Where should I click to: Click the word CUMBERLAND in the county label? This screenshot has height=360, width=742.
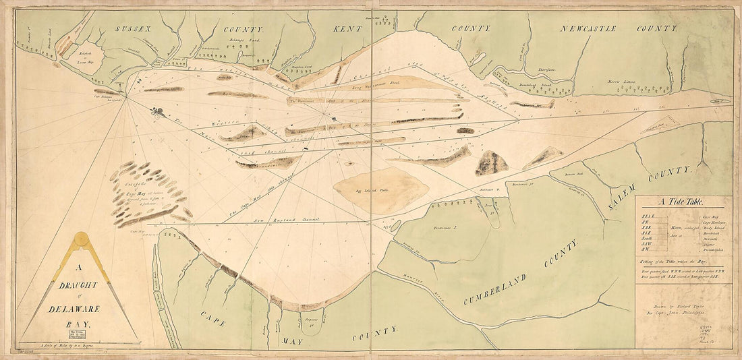pos(519,272)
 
